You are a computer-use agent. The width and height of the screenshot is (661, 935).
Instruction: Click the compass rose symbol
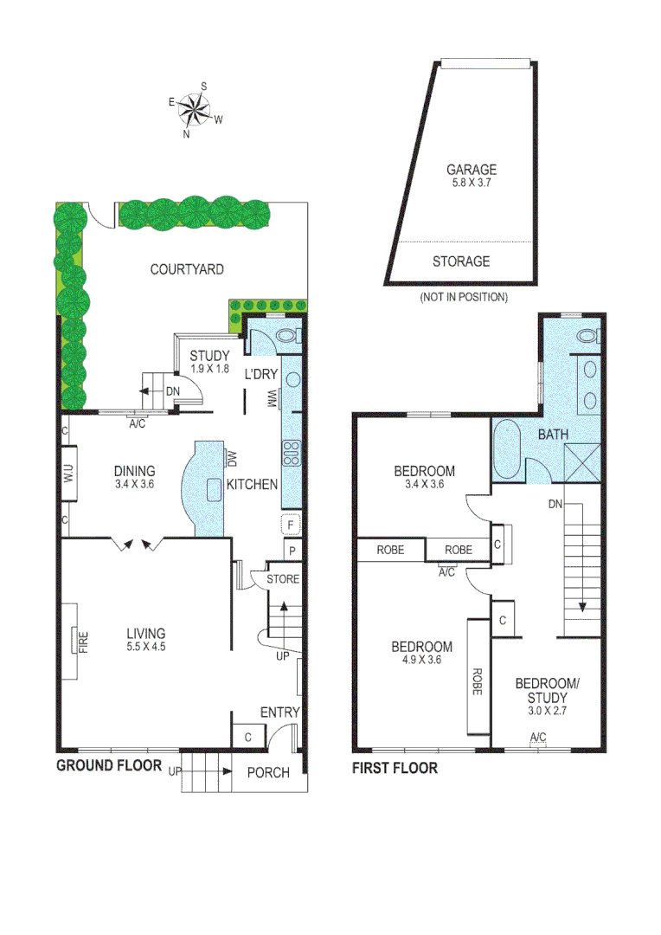[196, 109]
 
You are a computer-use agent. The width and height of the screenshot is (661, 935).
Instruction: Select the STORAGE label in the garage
[461, 261]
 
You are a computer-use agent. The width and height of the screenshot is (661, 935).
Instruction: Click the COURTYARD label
[187, 269]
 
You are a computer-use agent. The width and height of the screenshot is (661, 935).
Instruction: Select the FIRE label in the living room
[84, 641]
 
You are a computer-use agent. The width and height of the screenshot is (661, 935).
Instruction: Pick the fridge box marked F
[292, 525]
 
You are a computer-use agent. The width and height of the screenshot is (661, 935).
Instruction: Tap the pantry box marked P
[292, 551]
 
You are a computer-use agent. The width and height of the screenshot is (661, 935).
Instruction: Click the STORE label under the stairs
[282, 578]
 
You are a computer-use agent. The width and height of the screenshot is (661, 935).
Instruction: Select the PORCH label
[268, 772]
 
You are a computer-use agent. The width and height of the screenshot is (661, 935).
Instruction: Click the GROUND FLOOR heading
[109, 765]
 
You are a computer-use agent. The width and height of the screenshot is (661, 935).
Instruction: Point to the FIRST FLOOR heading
[395, 768]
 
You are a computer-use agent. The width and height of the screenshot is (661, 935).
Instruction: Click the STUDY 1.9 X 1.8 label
[209, 361]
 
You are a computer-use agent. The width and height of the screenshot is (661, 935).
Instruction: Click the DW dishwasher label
[231, 457]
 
